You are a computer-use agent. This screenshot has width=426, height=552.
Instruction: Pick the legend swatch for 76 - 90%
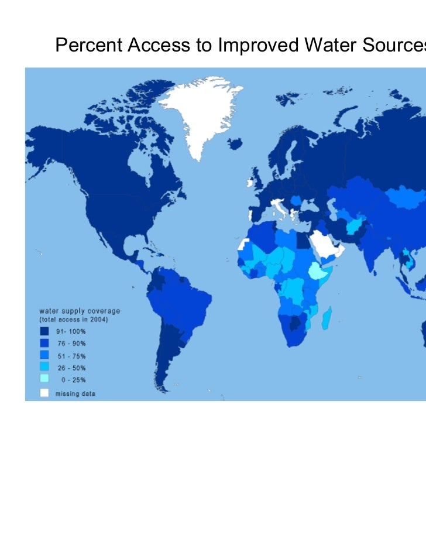click(x=44, y=342)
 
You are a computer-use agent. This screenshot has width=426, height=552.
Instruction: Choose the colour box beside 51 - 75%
click(x=44, y=355)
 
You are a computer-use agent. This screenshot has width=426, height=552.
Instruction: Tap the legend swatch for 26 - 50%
click(x=44, y=368)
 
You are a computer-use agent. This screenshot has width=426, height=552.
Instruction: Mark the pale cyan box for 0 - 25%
click(x=44, y=380)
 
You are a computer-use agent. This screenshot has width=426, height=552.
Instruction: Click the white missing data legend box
click(x=44, y=393)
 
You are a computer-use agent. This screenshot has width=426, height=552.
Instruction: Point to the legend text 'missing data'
click(x=75, y=394)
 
